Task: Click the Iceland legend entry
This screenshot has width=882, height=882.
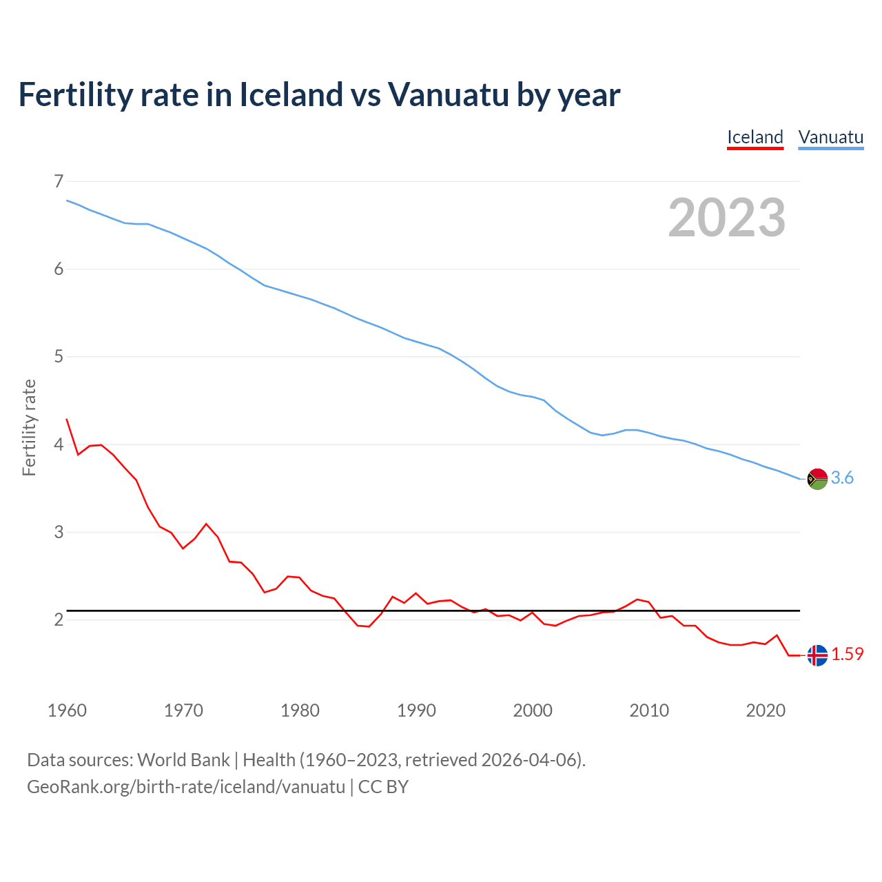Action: point(755,137)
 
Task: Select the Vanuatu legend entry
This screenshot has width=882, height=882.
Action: point(830,137)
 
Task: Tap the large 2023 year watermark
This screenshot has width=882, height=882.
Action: point(727,218)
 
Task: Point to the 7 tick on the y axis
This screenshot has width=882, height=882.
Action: point(59,181)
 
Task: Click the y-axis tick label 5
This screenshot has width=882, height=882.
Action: point(59,356)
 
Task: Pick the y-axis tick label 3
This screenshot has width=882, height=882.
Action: point(59,532)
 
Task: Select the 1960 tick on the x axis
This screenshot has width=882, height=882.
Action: point(67,710)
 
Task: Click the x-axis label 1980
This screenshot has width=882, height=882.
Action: point(300,710)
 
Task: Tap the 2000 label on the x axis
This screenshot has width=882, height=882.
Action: point(533,710)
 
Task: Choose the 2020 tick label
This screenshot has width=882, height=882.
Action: point(766,710)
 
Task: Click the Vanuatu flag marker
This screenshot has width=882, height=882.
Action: point(817,478)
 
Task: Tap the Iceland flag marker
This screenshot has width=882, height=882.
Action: point(817,655)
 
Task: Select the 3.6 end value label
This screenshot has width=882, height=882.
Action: point(842,478)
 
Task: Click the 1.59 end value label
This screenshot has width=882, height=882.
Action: point(847,655)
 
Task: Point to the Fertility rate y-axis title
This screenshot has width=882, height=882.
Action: point(29,427)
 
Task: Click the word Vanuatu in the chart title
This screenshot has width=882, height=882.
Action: point(448,94)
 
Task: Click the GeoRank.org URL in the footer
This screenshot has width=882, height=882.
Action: point(186,787)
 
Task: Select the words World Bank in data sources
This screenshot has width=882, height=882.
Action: point(183,760)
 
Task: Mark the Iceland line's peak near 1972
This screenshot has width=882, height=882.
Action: point(206,524)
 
